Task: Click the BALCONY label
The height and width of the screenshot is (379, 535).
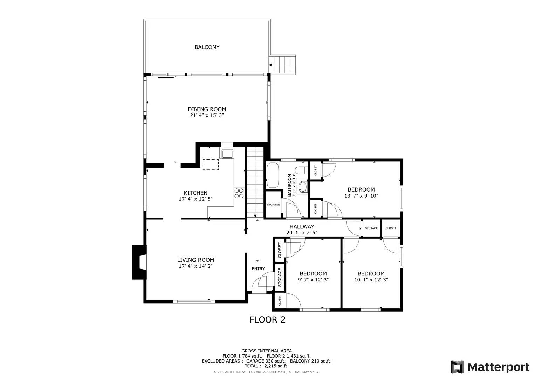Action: pyautogui.click(x=207, y=47)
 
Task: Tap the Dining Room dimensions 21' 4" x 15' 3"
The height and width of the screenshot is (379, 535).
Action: pyautogui.click(x=207, y=115)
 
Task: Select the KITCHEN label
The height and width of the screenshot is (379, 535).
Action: pyautogui.click(x=196, y=193)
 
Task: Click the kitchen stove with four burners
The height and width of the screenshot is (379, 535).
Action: pyautogui.click(x=239, y=193)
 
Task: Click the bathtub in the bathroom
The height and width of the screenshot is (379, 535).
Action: pyautogui.click(x=273, y=175)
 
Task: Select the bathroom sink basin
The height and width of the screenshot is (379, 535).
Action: pyautogui.click(x=303, y=186)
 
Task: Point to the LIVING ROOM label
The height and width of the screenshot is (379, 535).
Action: pyautogui.click(x=196, y=260)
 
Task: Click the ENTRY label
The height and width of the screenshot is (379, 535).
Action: pyautogui.click(x=258, y=269)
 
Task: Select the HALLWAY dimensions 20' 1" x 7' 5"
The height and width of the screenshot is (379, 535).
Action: pyautogui.click(x=302, y=232)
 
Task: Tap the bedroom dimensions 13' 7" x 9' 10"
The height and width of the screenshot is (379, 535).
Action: pyautogui.click(x=361, y=196)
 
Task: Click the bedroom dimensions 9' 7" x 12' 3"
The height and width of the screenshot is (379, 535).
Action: pyautogui.click(x=313, y=280)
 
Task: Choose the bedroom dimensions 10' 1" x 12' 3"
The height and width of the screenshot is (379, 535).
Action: pyautogui.click(x=371, y=280)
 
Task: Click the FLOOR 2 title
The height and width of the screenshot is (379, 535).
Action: pyautogui.click(x=267, y=320)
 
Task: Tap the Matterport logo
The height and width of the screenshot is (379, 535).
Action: pyautogui.click(x=490, y=367)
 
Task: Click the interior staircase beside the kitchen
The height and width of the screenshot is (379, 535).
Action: pyautogui.click(x=255, y=182)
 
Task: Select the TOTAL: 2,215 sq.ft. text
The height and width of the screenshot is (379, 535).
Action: pyautogui.click(x=266, y=366)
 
